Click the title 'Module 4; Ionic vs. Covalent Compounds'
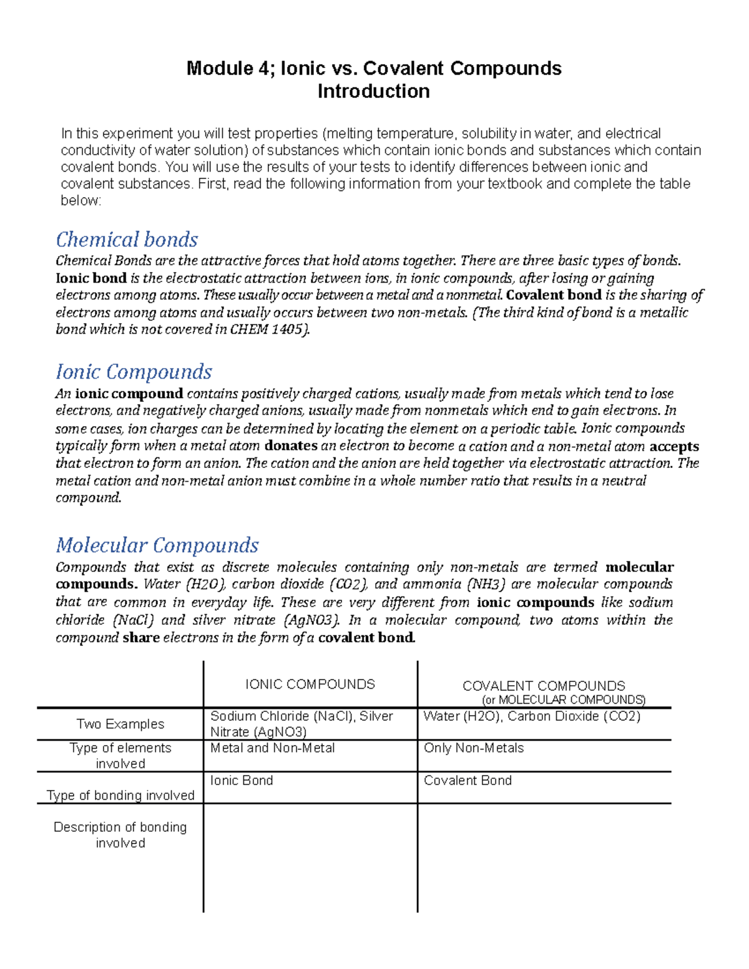374,68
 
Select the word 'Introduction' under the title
373,91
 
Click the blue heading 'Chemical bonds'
127,240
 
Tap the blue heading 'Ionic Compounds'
134,372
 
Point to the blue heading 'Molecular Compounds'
157,545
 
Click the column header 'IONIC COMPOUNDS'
310,684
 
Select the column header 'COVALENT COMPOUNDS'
544,686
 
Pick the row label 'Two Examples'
120,724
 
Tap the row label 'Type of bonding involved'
120,795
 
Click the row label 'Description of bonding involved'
120,835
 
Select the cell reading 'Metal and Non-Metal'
273,747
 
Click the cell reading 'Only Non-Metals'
474,747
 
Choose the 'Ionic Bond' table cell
242,780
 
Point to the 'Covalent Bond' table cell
468,780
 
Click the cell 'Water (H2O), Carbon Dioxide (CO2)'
532,716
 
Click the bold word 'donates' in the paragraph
291,446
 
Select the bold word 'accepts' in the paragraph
674,446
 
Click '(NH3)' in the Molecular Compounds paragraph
489,584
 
